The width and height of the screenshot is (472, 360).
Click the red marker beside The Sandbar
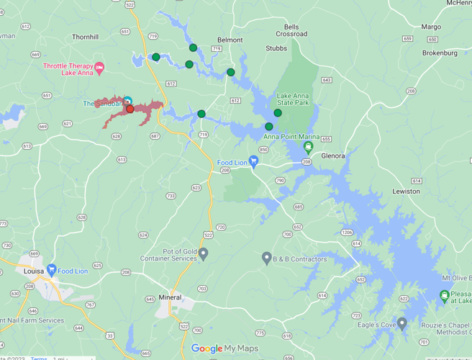(130, 109)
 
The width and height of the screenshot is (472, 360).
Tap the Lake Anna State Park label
(293, 100)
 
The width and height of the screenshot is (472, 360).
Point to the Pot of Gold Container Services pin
(204, 253)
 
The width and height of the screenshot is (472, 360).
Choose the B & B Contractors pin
(266, 258)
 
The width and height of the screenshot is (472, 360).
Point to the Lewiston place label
(406, 191)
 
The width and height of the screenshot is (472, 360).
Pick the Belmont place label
(230, 40)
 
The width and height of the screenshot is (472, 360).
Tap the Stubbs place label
(276, 49)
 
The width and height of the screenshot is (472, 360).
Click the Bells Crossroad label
(291, 30)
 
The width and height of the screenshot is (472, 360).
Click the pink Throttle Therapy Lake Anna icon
(99, 68)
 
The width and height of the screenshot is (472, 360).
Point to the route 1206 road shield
(348, 232)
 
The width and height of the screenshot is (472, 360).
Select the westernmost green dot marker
(155, 57)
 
